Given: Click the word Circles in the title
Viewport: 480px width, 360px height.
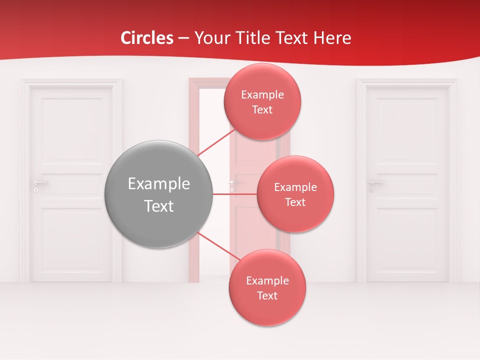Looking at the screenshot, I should click(147, 38).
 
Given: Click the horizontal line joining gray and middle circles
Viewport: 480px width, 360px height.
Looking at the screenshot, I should click(234, 194).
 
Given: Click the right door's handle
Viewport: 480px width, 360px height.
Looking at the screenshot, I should click(375, 183).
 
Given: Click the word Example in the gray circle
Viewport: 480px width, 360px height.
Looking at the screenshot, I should click(159, 184).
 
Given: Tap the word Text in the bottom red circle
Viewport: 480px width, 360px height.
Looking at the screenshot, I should click(267, 296).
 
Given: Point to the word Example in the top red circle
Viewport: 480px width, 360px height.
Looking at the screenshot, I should click(262, 95).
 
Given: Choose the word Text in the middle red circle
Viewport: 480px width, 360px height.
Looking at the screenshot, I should click(295, 202).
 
